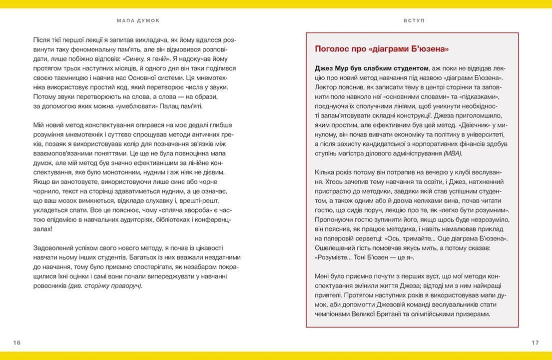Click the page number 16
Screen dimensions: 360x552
tap(17, 342)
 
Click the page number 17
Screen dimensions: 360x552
tap(535, 342)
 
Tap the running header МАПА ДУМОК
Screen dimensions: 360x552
tap(138, 20)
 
